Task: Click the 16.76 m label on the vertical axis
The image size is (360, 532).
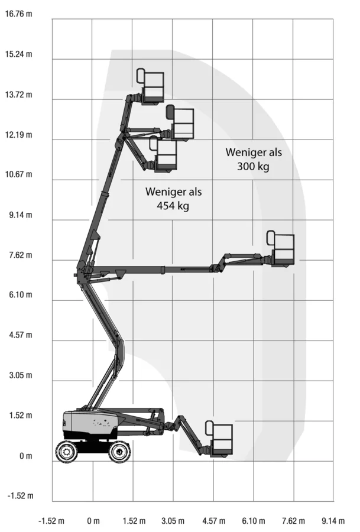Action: click(19, 14)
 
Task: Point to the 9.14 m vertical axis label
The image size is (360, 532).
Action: click(21, 215)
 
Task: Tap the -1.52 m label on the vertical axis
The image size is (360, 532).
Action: click(21, 496)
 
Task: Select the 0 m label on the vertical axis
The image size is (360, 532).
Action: click(26, 456)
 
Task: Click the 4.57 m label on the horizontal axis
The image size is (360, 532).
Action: click(214, 521)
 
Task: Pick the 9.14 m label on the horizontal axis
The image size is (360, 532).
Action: click(333, 521)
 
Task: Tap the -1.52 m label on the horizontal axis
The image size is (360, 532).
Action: click(51, 521)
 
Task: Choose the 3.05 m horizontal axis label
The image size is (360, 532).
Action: click(173, 521)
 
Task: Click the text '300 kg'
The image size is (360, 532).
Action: click(253, 167)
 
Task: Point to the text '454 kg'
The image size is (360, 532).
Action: click(173, 206)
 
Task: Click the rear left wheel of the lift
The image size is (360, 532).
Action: click(67, 451)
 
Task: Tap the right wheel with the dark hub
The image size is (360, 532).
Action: click(119, 452)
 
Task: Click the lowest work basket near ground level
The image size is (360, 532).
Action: click(219, 439)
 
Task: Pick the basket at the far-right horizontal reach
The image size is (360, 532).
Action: click(280, 248)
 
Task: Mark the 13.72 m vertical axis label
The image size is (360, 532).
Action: click(19, 95)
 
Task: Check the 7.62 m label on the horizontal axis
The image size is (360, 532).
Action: click(293, 521)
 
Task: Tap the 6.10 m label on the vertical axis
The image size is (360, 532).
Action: click(21, 294)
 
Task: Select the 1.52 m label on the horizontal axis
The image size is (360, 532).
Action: click(134, 521)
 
